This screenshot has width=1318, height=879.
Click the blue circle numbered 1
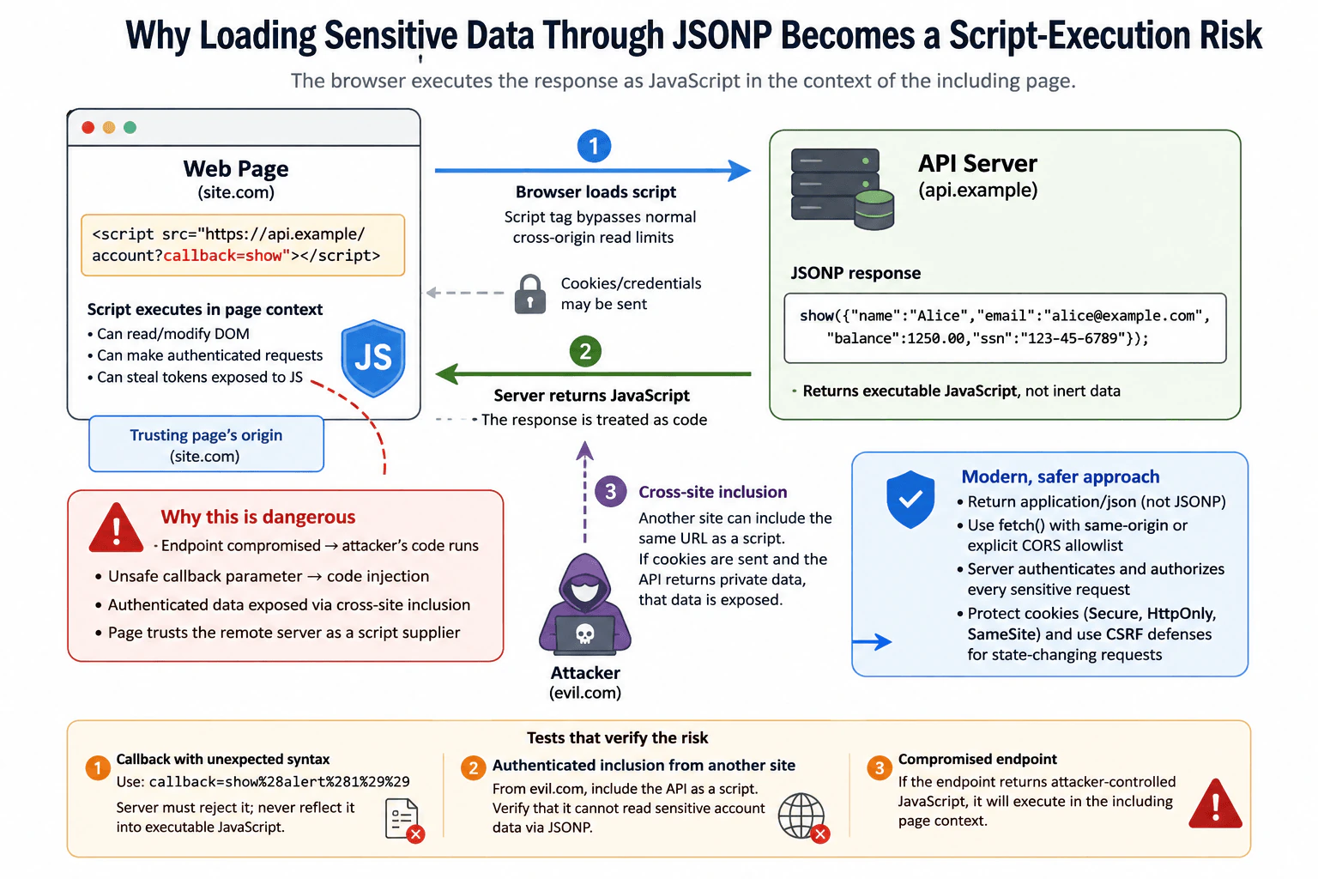click(594, 146)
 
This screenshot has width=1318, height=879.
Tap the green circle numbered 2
click(585, 351)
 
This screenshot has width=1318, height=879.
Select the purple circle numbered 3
click(610, 491)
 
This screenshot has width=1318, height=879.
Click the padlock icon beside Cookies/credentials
click(529, 294)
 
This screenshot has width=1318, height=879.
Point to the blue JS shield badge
click(373, 358)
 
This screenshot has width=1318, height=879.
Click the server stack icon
click(842, 188)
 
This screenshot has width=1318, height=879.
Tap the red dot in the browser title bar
click(88, 128)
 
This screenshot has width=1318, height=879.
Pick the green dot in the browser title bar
click(130, 128)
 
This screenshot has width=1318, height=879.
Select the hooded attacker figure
click(585, 604)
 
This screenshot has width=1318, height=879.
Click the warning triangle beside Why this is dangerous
click(116, 528)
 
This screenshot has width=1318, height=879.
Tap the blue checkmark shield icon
click(910, 500)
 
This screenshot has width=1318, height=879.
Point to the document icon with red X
click(404, 820)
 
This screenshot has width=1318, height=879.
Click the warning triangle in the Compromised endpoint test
click(1215, 804)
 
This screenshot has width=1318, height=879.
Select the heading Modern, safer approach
click(1061, 476)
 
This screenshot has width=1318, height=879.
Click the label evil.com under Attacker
click(585, 693)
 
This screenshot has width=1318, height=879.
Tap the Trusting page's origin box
click(206, 444)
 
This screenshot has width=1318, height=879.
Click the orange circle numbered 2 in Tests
click(473, 767)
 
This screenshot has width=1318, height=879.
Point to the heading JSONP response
click(855, 273)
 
